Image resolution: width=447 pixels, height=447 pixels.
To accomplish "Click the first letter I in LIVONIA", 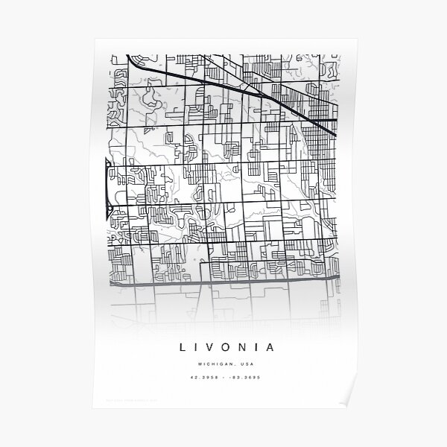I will [x=197, y=346].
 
